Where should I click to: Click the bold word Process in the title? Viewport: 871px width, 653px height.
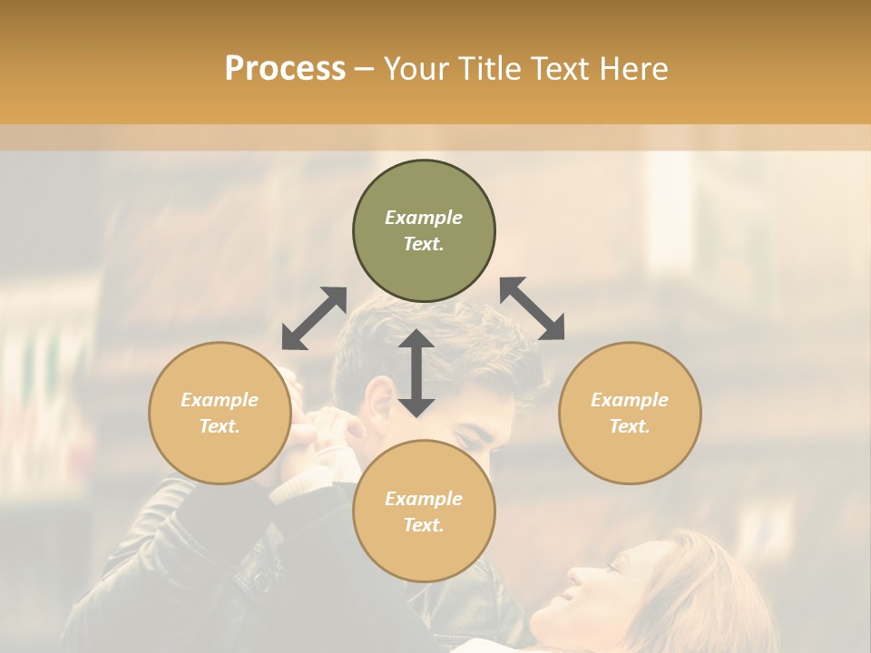[285, 68]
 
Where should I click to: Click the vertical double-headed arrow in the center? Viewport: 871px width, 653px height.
[416, 373]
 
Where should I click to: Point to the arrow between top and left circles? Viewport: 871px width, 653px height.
[314, 317]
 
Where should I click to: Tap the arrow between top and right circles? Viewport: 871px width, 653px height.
[533, 308]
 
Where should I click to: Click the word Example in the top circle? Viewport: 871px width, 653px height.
[424, 218]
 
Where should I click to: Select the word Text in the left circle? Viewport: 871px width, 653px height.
[220, 426]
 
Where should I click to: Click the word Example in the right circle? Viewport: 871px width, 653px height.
[630, 400]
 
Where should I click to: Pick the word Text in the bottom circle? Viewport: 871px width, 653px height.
[424, 525]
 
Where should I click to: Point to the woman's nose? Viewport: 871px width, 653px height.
[577, 576]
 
